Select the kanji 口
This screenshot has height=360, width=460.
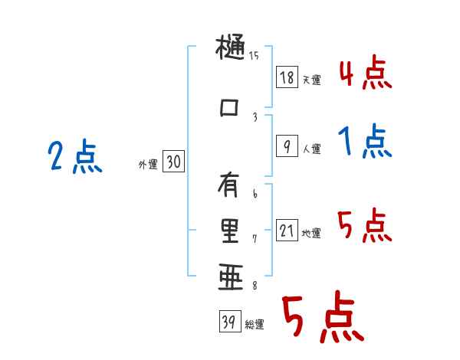click(x=229, y=107)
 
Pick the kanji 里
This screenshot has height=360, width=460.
click(x=229, y=230)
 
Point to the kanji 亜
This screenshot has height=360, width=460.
click(x=229, y=276)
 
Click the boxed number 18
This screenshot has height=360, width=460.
click(x=287, y=77)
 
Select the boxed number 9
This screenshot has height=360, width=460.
click(x=286, y=146)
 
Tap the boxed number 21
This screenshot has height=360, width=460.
click(x=287, y=231)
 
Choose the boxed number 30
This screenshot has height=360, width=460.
click(x=173, y=162)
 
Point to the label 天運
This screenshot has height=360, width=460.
click(x=311, y=80)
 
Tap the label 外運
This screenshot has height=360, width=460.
click(x=147, y=164)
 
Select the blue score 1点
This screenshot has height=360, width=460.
click(x=365, y=142)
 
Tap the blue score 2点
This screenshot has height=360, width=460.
click(x=75, y=159)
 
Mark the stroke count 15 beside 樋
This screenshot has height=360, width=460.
click(x=255, y=55)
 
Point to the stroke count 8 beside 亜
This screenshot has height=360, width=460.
click(x=255, y=284)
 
